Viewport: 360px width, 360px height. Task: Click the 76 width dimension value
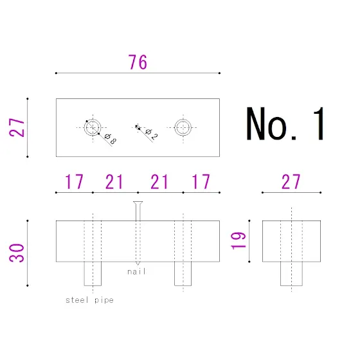tap(138, 62)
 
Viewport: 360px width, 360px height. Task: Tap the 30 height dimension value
tap(17, 253)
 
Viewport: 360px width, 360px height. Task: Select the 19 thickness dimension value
tap(239, 240)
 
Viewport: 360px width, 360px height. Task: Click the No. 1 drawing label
tap(285, 123)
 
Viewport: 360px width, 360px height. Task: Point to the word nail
tap(136, 271)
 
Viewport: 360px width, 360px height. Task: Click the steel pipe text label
tap(89, 300)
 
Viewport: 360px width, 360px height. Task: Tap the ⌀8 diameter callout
tap(111, 139)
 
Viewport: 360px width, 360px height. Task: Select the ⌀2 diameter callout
tap(152, 134)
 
